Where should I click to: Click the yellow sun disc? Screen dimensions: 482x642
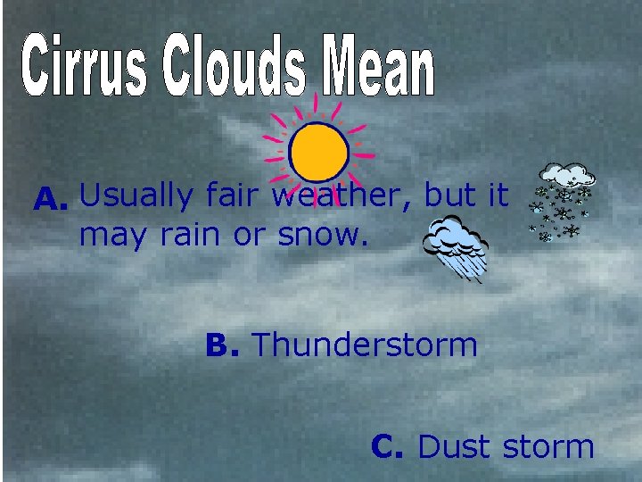[318, 151]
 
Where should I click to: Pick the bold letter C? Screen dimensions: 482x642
[389, 445]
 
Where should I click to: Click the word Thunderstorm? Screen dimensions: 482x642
[366, 345]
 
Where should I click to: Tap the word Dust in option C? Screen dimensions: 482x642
[454, 445]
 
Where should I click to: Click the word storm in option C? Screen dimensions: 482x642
[547, 445]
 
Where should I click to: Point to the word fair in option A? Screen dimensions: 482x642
[234, 195]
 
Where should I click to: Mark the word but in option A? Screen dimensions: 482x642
[453, 195]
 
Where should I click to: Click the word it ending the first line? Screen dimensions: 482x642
[497, 195]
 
